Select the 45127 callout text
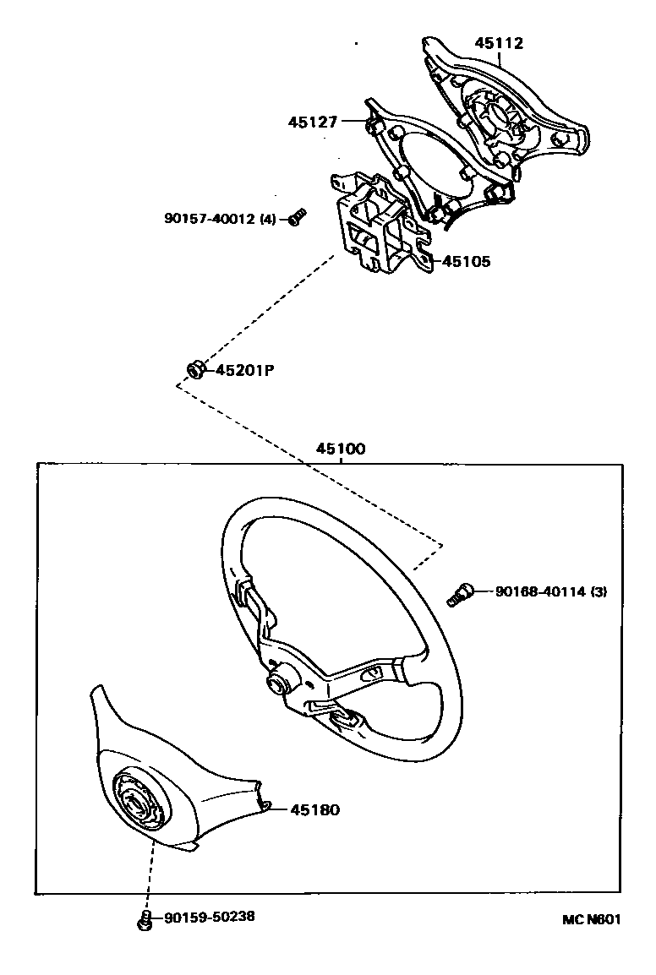pos(313,123)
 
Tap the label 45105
pos(466,261)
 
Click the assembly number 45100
pos(341,449)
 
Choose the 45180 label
pos(314,809)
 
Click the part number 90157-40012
pos(210,219)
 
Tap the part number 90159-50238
pos(210,917)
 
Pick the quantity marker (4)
pos(267,219)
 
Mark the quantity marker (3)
pos(599,591)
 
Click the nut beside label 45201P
pos(194,370)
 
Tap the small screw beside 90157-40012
pos(295,218)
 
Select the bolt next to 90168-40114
pos(457,594)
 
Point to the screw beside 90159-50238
pos(145,919)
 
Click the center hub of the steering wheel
pos(277,684)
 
